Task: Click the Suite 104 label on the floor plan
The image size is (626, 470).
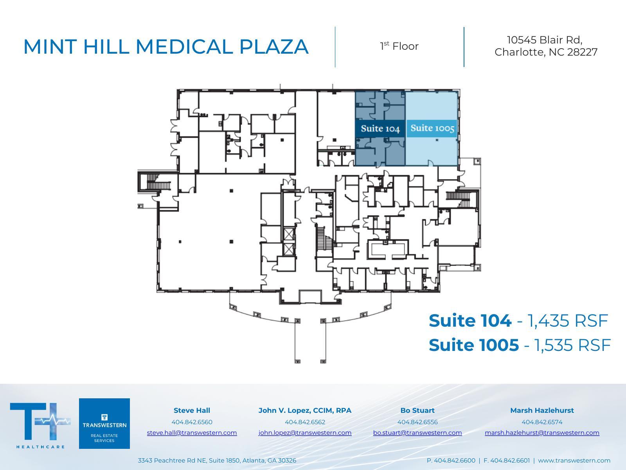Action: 380,129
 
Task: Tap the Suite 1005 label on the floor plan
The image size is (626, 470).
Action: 432,128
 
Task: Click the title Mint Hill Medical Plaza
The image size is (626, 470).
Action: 166,47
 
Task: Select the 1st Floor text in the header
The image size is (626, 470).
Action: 399,46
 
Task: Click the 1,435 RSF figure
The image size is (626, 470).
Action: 568,320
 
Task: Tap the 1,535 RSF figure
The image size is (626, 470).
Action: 572,345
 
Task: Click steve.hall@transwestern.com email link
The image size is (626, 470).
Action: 192,432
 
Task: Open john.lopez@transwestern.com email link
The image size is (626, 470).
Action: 305,432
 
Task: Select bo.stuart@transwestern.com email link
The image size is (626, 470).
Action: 417,432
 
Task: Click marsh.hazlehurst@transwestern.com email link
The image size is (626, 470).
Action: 542,432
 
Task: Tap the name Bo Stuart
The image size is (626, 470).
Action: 417,410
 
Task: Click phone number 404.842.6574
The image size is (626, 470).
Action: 542,422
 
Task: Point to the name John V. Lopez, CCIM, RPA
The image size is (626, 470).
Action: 305,410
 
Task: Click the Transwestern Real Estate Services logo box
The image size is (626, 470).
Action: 104,423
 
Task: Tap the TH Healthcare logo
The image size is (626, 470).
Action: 40,424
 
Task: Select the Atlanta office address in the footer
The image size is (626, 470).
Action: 217,461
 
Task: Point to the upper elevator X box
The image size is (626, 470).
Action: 289,234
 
